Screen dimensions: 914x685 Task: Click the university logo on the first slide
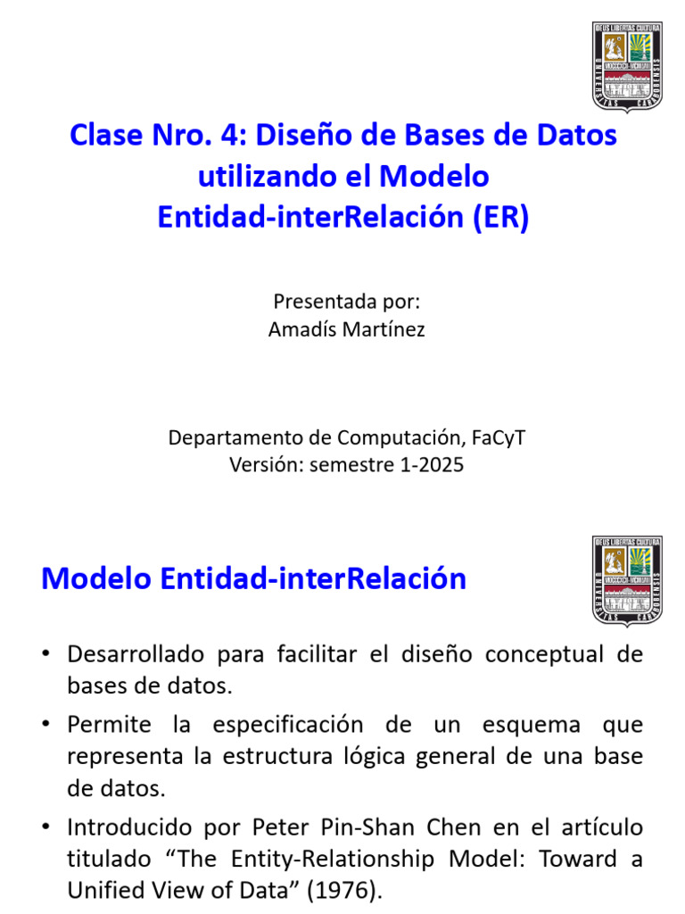(x=627, y=68)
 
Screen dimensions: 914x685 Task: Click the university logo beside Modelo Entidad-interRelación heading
(x=627, y=581)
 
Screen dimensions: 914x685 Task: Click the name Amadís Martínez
(x=346, y=329)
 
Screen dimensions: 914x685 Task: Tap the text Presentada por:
(x=346, y=301)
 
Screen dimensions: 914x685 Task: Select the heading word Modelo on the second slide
(x=96, y=578)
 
